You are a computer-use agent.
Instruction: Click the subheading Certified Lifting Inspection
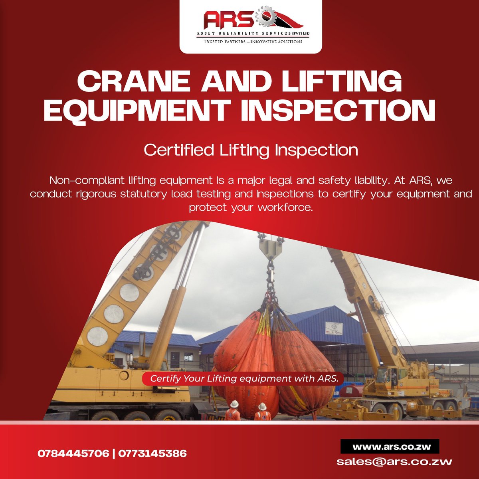(x=251, y=150)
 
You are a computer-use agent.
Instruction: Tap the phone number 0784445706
(x=73, y=453)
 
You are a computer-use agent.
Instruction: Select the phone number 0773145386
(x=152, y=453)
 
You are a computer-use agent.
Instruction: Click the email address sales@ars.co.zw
(x=394, y=462)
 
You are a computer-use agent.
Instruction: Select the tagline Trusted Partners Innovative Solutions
(x=253, y=42)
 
